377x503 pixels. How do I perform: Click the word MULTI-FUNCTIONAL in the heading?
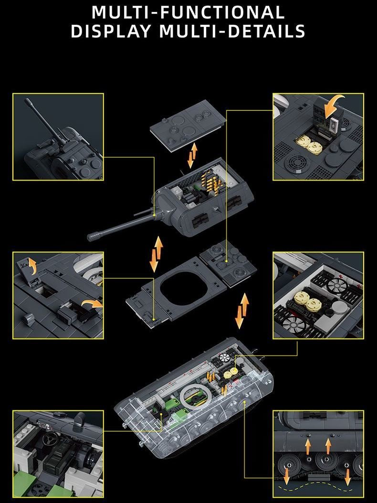[188, 12]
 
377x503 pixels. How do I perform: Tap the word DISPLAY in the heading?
[111, 31]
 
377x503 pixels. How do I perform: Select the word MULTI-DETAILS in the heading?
[232, 31]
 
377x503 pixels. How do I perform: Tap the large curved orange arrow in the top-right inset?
[334, 108]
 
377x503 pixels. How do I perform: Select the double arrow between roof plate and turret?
[192, 156]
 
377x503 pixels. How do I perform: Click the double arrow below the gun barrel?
[156, 254]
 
